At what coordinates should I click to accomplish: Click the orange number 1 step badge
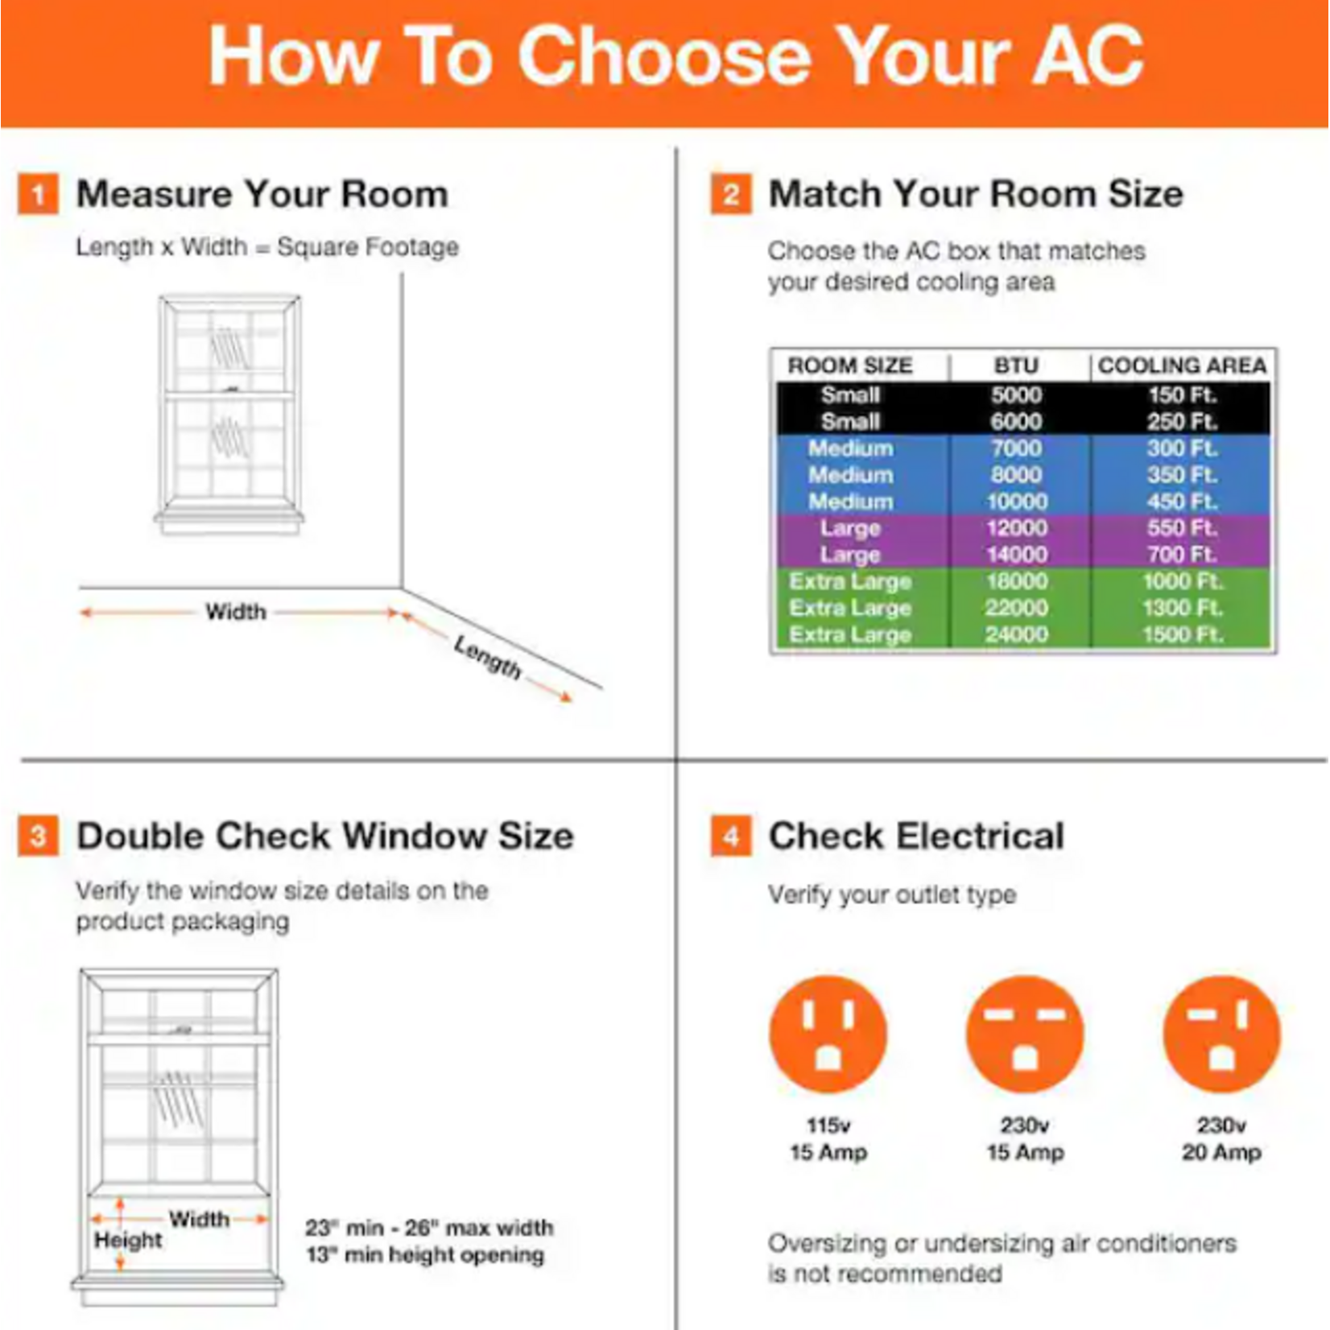click(x=38, y=195)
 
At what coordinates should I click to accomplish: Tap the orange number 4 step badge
click(x=731, y=836)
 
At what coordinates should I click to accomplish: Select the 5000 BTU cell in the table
click(x=1016, y=395)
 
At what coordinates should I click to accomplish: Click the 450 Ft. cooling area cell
click(x=1181, y=502)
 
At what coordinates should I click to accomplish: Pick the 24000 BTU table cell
click(x=1016, y=634)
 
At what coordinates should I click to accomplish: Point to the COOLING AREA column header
click(x=1181, y=366)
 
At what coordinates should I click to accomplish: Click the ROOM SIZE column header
click(x=849, y=366)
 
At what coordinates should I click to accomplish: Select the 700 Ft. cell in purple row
click(x=1181, y=555)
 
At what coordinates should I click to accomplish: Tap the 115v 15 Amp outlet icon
click(x=828, y=1034)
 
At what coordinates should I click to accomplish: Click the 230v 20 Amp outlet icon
click(x=1221, y=1034)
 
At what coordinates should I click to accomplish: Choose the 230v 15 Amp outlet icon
click(x=1025, y=1034)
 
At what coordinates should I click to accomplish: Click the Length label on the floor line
click(x=487, y=657)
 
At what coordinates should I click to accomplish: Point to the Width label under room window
click(x=235, y=612)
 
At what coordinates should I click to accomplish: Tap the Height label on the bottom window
click(x=128, y=1241)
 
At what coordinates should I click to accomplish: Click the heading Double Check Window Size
click(x=324, y=836)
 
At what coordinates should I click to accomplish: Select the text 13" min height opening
click(x=424, y=1255)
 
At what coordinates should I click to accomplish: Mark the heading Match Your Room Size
click(x=975, y=195)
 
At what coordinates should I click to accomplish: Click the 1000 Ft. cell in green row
click(x=1181, y=581)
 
